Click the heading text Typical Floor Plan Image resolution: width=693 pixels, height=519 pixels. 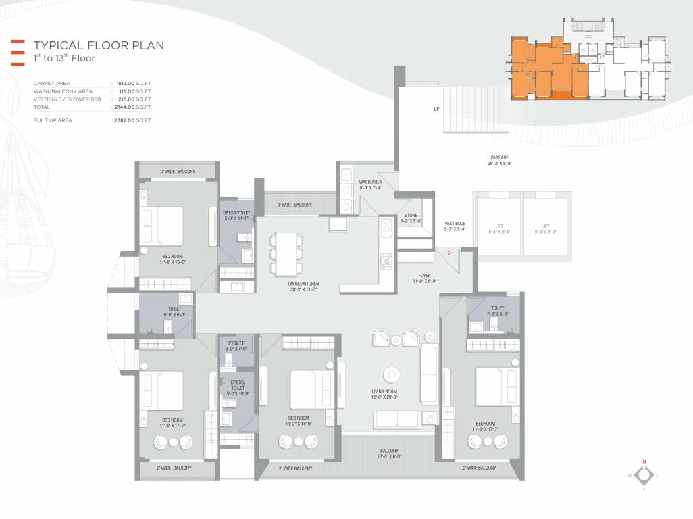[x=99, y=45]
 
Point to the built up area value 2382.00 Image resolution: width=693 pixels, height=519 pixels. [x=133, y=120]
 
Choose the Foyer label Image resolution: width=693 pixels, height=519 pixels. [x=424, y=276]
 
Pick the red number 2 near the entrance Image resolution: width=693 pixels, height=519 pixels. [x=449, y=254]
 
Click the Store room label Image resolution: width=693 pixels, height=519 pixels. [x=411, y=216]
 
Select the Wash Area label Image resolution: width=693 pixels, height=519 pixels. [x=371, y=182]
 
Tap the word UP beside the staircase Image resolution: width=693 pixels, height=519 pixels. [x=436, y=109]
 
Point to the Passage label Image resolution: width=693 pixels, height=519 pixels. [x=500, y=158]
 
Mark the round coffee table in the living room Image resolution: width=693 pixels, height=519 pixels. [x=390, y=375]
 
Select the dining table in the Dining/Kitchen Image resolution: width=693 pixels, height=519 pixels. [x=284, y=253]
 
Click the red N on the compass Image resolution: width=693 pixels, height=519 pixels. [x=644, y=461]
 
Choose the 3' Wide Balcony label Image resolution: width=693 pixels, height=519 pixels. [x=294, y=205]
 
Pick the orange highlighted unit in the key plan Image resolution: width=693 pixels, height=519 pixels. [x=547, y=71]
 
